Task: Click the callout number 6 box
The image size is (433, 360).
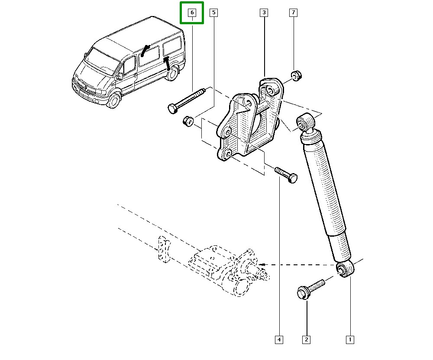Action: [192, 13]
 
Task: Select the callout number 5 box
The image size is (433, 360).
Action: [213, 13]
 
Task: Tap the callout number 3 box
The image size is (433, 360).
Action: [264, 13]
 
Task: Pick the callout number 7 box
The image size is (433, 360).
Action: [293, 13]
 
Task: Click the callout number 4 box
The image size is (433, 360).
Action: [279, 340]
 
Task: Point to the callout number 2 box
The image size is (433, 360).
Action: [307, 340]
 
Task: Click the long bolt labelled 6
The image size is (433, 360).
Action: [186, 100]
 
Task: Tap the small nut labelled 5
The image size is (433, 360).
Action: [187, 121]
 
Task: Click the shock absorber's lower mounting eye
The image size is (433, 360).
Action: [346, 270]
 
